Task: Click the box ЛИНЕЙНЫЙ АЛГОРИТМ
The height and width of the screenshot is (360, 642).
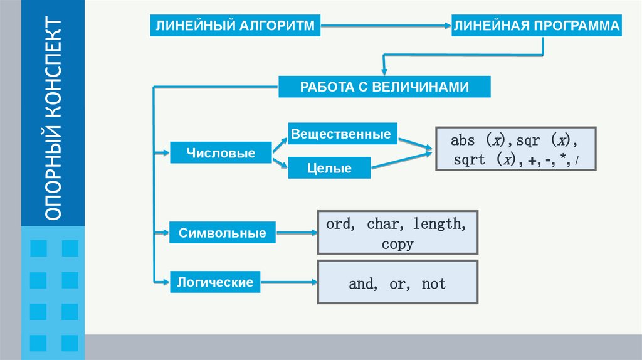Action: [x=233, y=26]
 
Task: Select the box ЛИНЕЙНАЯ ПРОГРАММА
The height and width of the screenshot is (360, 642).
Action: [x=537, y=26]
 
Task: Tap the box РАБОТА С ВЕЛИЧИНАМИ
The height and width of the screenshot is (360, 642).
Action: [x=384, y=87]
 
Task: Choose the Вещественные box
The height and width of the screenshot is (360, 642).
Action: [x=342, y=134]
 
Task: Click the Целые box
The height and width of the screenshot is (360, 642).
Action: [x=329, y=168]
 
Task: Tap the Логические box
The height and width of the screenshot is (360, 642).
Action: [x=215, y=282]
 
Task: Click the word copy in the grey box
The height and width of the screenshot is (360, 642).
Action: [x=397, y=244]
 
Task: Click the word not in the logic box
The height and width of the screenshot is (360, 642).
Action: [x=434, y=283]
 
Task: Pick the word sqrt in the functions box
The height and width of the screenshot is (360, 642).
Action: [x=470, y=160]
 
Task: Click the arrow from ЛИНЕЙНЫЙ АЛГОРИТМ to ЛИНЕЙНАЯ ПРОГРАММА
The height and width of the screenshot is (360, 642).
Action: [x=382, y=26]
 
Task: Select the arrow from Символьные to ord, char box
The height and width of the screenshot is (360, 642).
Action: [x=296, y=233]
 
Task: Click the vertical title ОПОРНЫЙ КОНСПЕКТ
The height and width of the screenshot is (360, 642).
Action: [x=53, y=119]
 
